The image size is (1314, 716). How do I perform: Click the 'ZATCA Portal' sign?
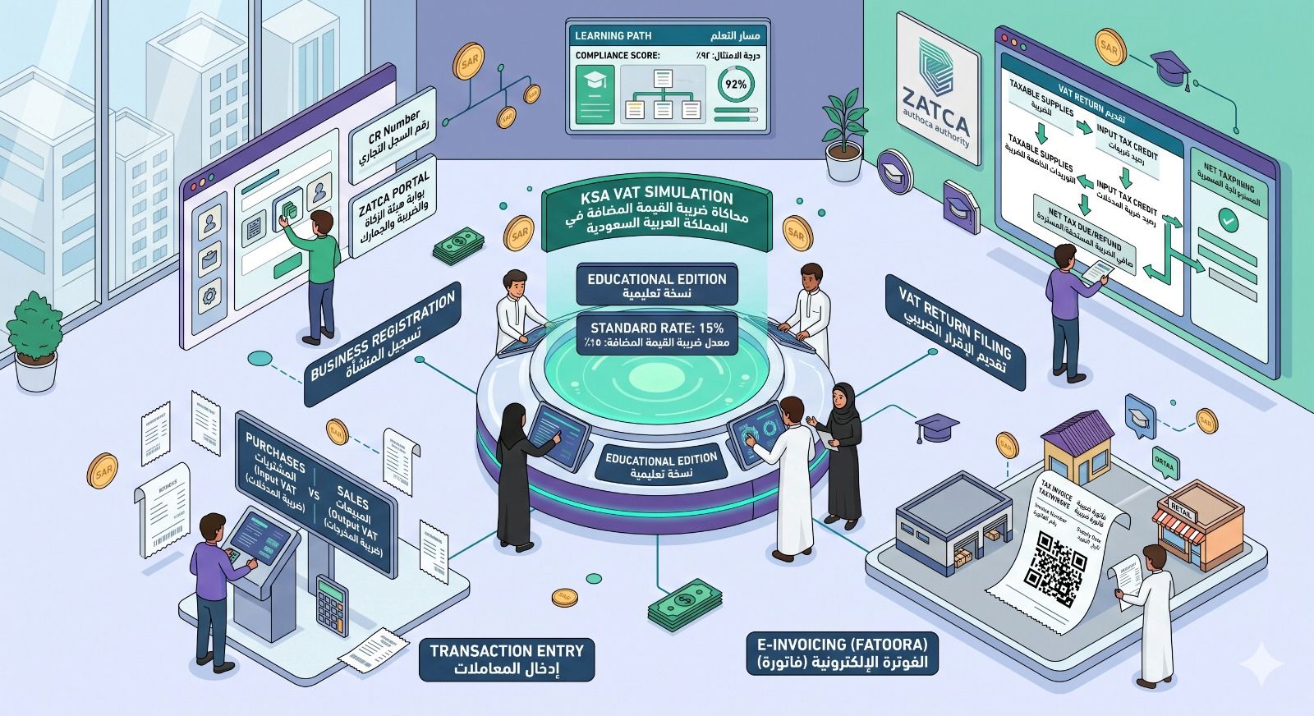tap(393, 210)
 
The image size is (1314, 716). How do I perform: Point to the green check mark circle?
tap(1228, 219)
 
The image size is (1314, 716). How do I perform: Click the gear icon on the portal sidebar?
tap(209, 293)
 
